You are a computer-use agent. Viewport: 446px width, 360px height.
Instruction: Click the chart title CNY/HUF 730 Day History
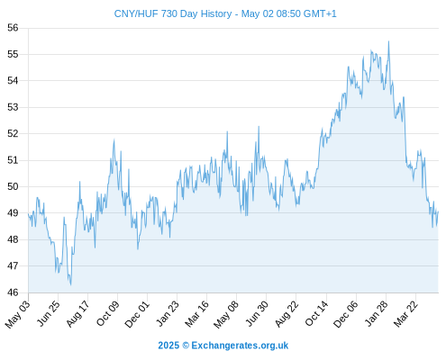click(173, 13)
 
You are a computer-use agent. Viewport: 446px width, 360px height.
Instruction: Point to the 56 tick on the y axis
click(13, 28)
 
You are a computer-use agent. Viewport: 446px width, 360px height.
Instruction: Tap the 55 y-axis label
click(13, 54)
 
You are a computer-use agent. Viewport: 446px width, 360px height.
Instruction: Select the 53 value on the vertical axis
click(13, 107)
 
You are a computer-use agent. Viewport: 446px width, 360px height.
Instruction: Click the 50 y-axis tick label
click(13, 186)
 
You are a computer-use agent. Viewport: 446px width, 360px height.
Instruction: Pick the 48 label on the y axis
click(13, 239)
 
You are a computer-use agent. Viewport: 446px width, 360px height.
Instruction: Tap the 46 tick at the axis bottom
click(13, 292)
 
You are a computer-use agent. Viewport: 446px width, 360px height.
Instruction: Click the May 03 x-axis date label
click(18, 314)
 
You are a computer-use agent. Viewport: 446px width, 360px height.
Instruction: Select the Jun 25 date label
click(48, 313)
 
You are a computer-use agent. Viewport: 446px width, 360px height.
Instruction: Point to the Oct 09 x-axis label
click(107, 313)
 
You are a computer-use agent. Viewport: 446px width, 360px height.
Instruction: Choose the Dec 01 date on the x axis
click(137, 314)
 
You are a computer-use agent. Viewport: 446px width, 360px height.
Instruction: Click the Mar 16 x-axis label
click(196, 313)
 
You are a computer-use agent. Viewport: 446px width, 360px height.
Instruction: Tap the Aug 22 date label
click(287, 313)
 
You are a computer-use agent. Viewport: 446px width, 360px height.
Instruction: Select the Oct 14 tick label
click(316, 313)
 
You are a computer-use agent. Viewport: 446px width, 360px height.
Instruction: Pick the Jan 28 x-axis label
click(376, 313)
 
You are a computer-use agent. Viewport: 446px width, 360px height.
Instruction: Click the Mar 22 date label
click(405, 313)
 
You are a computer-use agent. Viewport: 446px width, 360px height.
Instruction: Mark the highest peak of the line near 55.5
click(388, 41)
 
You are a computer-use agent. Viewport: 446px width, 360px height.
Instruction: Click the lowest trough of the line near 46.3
click(71, 284)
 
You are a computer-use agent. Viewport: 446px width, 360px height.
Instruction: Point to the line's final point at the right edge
click(438, 211)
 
